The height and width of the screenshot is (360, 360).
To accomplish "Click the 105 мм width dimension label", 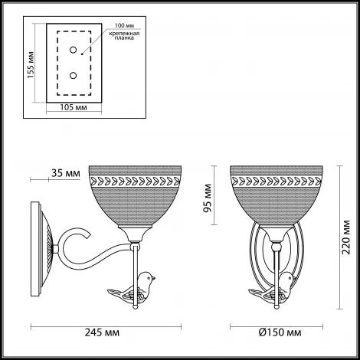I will (72, 107).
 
